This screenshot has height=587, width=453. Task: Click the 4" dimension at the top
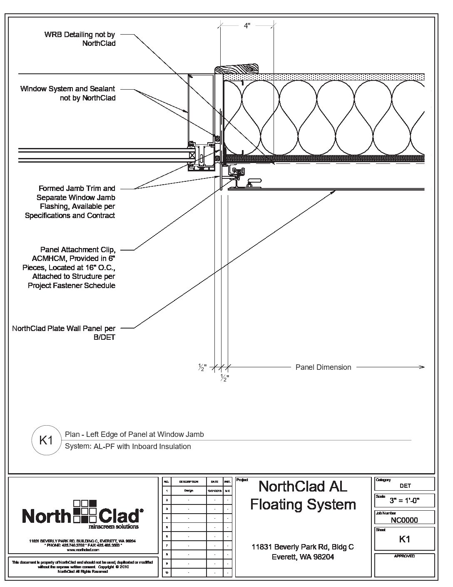pos(247,26)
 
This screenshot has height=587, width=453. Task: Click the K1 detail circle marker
pos(45,440)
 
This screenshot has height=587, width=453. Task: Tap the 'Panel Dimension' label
pos(323,367)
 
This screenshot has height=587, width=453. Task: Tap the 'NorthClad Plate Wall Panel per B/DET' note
pos(64,333)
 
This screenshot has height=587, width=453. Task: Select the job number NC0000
pos(404,520)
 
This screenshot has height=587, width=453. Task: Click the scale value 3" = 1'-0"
pos(404,501)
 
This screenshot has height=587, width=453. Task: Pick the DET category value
pos(405,486)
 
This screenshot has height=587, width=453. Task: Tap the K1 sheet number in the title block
pos(405,539)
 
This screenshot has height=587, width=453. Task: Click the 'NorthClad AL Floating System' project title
pos(303,495)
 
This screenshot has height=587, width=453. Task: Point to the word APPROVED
pos(404,556)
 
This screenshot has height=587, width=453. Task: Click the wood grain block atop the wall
pos(237,69)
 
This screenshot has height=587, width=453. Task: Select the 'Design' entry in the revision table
pos(189,491)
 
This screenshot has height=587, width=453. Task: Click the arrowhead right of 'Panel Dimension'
pos(422,367)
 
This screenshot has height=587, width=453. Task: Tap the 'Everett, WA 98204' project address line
pos(303,557)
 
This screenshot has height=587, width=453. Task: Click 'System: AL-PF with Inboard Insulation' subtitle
pos(128,447)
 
